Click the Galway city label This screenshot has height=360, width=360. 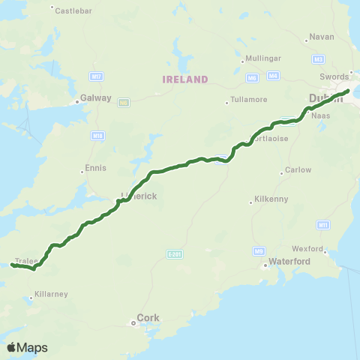coord(96,97)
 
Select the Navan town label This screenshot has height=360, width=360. coord(319,36)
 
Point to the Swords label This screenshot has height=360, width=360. coord(334,76)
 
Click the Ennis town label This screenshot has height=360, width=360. coord(97,167)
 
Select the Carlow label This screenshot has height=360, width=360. coord(298,169)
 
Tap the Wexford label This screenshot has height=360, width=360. coord(307,248)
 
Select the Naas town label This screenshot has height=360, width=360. coord(321,116)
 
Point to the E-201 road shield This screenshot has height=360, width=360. coord(175,253)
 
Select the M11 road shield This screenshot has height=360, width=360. coord(323,224)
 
